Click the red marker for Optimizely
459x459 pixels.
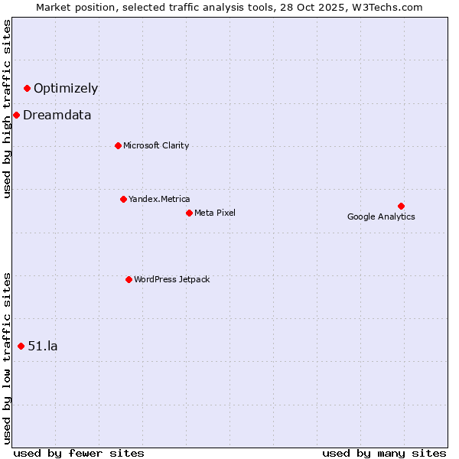point(27,88)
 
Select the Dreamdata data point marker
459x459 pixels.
point(16,116)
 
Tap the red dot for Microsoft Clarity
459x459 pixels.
point(118,145)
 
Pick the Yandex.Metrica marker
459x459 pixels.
point(123,199)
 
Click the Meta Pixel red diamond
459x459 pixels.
point(189,213)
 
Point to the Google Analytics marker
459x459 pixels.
point(401,206)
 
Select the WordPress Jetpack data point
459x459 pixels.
point(129,279)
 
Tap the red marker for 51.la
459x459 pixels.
point(21,346)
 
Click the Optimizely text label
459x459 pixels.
point(66,88)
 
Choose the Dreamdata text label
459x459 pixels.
point(57,116)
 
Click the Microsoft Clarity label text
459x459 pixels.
point(156,145)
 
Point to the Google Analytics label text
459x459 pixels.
point(381,216)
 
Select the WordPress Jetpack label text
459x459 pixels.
point(171,279)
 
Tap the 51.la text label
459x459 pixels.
point(43,346)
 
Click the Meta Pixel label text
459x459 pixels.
point(215,213)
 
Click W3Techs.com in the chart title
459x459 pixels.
point(389,7)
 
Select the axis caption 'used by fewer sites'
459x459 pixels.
point(79,453)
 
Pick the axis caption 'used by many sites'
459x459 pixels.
point(384,453)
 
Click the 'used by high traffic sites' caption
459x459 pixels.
point(7,109)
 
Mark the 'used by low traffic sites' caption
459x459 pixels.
point(7,358)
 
